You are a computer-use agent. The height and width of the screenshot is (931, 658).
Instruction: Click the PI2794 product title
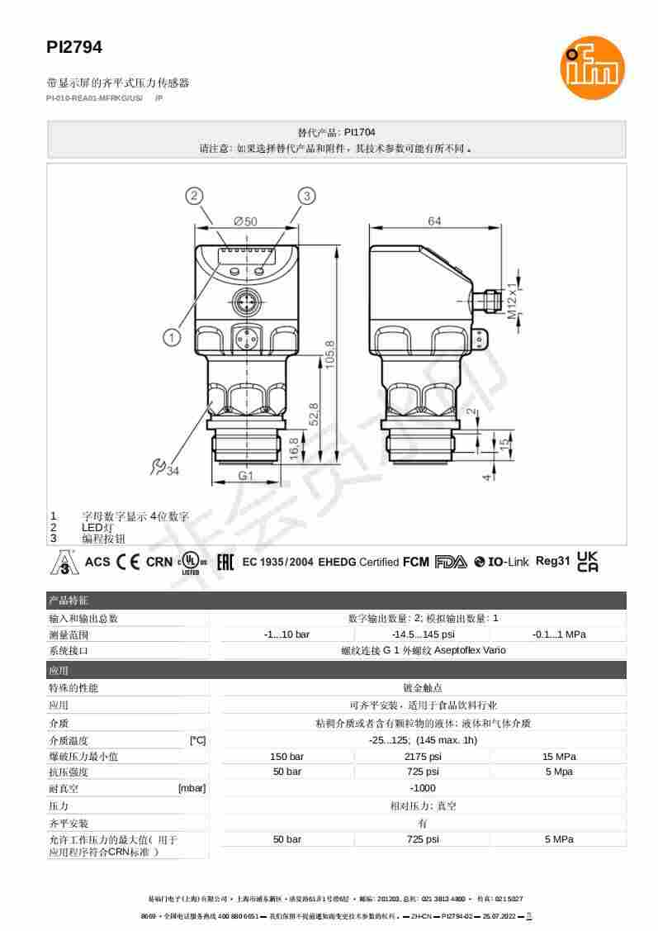74,48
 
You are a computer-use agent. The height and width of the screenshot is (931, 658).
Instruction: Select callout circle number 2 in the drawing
194,196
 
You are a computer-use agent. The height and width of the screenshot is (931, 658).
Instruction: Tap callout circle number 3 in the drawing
306,196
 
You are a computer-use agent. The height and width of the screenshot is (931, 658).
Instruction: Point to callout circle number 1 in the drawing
171,337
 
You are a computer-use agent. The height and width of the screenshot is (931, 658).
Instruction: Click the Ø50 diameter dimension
245,221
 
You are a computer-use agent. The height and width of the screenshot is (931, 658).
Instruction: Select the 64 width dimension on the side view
434,221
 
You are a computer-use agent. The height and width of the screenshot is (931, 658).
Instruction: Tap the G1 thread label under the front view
245,476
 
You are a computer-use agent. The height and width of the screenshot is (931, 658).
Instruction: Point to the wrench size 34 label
165,469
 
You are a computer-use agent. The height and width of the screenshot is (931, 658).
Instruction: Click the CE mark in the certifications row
128,562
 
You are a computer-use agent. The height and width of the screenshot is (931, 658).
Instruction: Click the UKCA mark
588,562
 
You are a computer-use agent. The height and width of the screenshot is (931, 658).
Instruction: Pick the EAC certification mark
224,563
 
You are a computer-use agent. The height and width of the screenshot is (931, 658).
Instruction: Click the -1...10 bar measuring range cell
286,634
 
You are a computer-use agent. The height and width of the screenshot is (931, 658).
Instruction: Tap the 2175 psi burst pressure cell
422,757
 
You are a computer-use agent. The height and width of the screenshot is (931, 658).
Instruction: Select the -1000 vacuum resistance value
422,788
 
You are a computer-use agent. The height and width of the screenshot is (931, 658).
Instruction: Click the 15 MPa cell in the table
558,757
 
